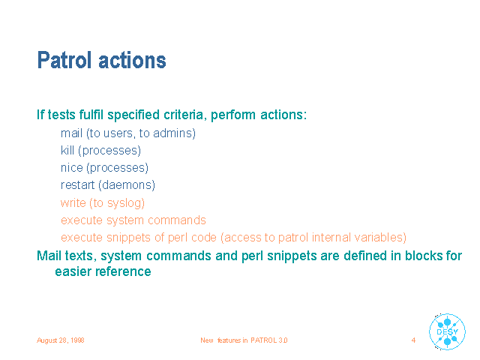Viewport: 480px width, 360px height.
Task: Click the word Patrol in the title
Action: click(64, 60)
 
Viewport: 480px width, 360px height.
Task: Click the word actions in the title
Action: click(132, 60)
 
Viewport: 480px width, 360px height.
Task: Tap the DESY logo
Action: click(447, 331)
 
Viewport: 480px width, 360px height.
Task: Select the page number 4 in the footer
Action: click(413, 340)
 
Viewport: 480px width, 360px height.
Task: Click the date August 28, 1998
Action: click(61, 340)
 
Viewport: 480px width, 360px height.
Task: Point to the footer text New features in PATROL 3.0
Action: click(244, 340)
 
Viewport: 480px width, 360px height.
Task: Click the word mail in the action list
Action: click(72, 133)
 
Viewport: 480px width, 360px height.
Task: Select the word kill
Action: click(67, 150)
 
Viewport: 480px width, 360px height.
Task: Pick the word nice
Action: click(72, 168)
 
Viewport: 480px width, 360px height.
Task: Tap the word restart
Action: click(78, 185)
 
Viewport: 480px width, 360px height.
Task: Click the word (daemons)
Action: click(127, 185)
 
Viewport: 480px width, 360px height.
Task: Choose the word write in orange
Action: click(73, 202)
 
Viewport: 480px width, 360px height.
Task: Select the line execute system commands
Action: click(133, 220)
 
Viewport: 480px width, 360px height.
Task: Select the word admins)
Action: click(174, 133)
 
